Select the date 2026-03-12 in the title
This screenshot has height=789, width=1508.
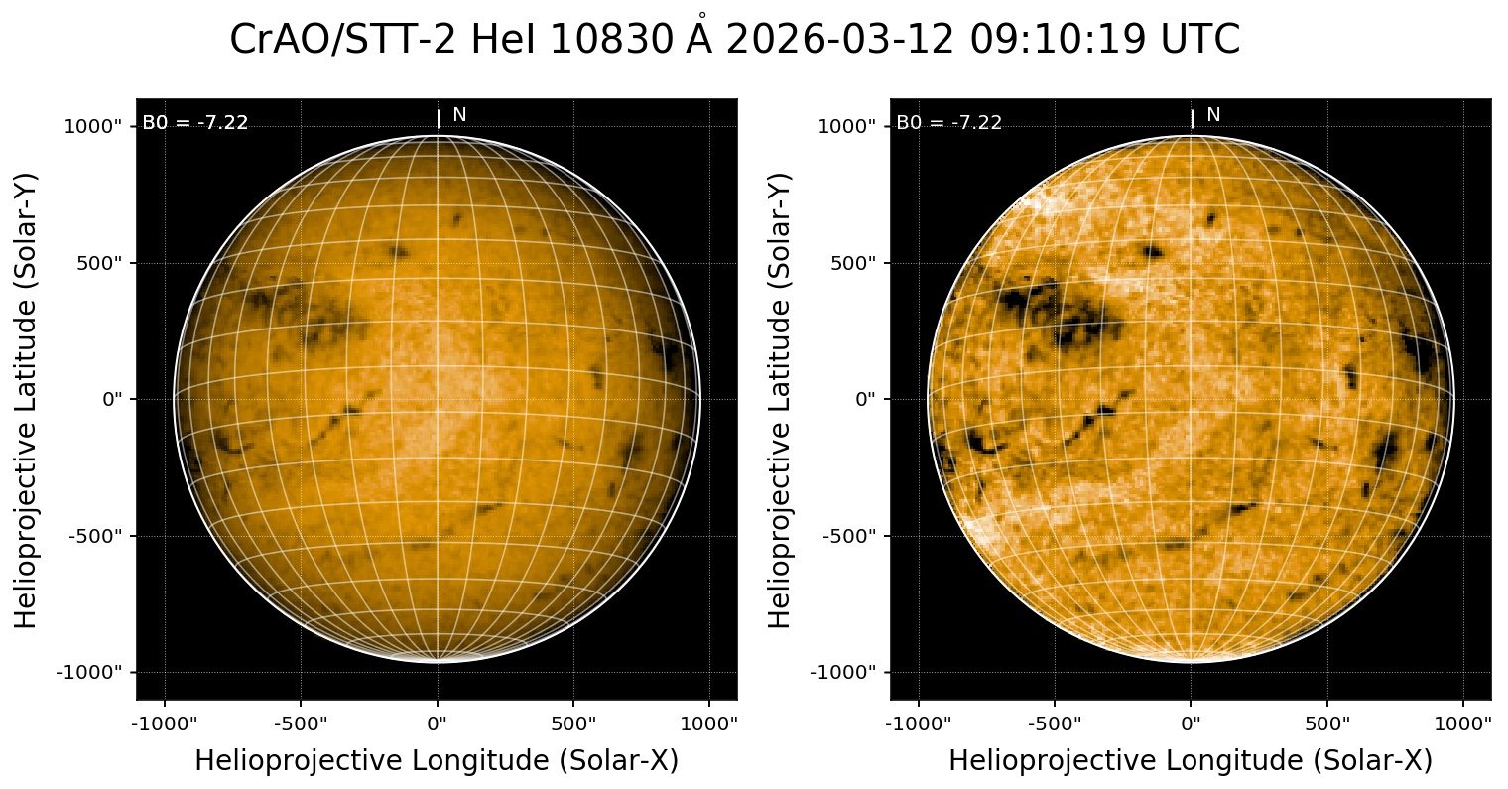(x=839, y=40)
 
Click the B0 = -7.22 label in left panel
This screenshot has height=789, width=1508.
(x=195, y=123)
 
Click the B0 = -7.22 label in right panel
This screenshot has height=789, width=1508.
(x=949, y=123)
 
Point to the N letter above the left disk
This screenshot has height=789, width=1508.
(x=459, y=115)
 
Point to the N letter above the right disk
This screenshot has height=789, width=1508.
(x=1213, y=115)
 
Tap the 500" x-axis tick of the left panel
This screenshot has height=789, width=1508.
(x=574, y=722)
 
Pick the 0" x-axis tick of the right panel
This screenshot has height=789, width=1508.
(x=1192, y=722)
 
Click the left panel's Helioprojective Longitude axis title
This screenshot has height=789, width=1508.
(x=437, y=760)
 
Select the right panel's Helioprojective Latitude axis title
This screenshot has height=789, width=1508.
(x=781, y=399)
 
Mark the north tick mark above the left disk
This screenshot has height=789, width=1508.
(x=439, y=119)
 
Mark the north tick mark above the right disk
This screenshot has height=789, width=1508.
(x=1193, y=119)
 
